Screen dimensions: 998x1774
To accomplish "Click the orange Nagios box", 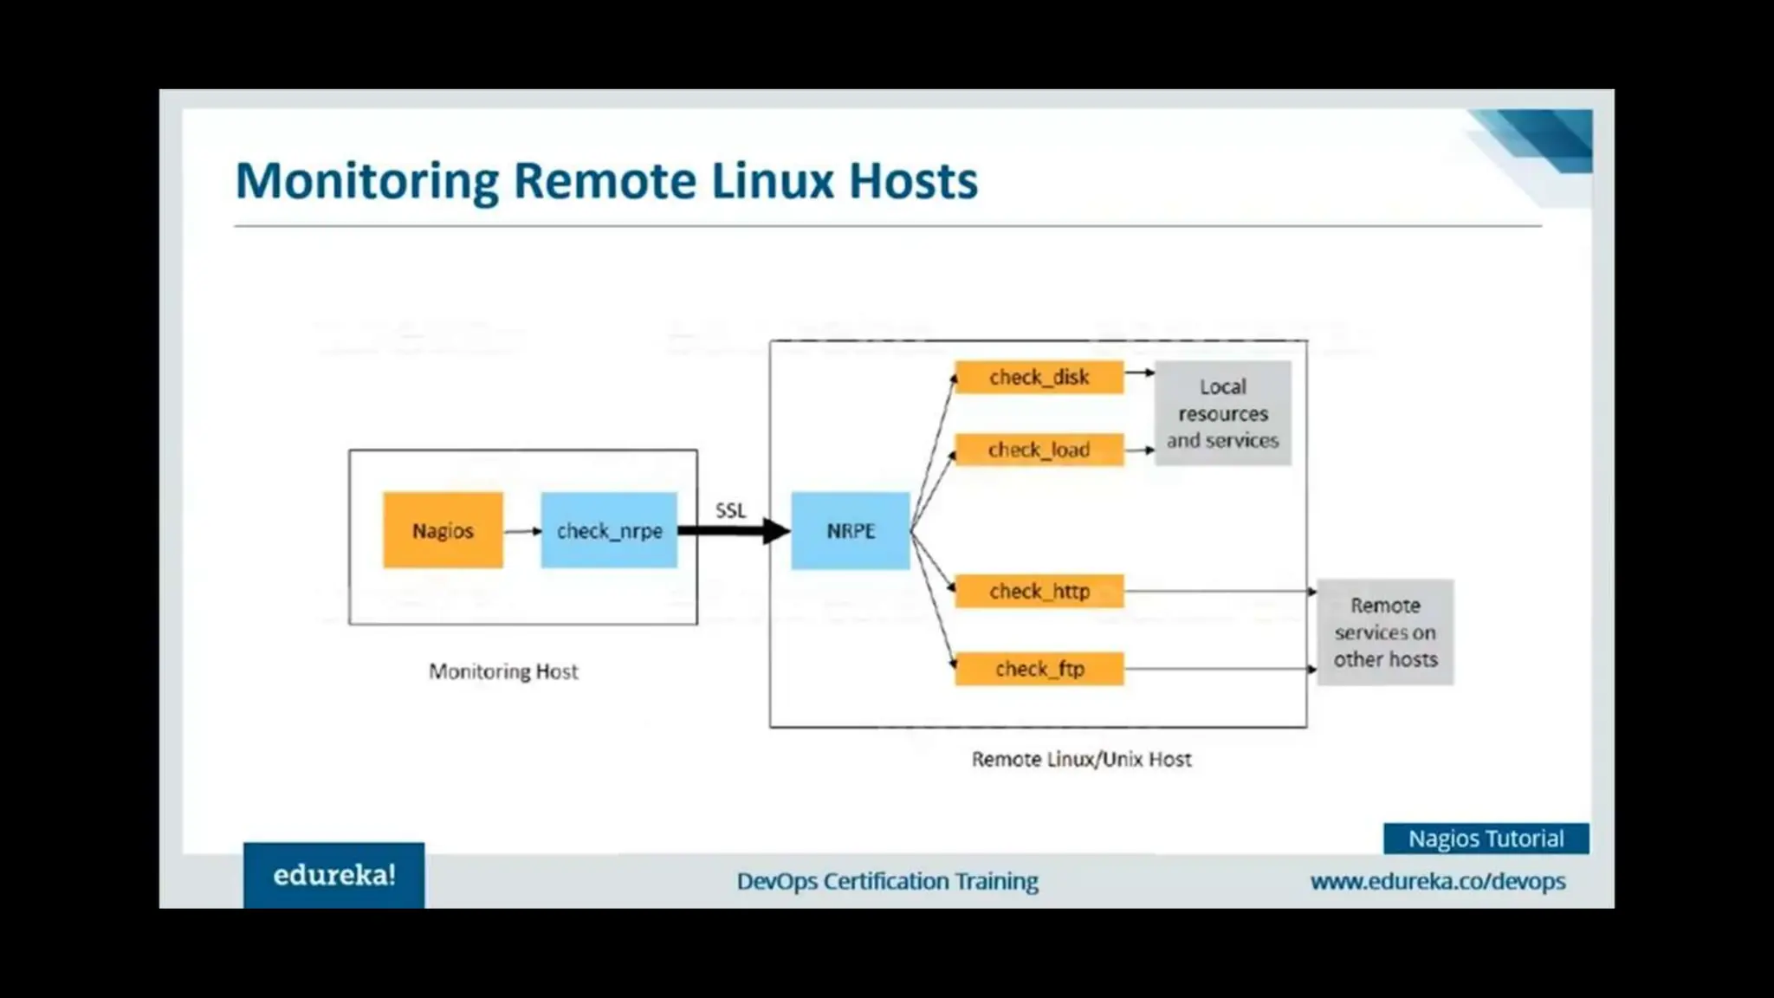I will coord(443,530).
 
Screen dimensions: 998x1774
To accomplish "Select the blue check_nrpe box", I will coord(609,530).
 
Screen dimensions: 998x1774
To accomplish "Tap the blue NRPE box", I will coord(851,530).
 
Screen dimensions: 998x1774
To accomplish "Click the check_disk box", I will coord(1039,378).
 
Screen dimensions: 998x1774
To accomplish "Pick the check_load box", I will coord(1039,450).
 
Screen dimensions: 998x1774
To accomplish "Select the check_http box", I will coord(1039,591).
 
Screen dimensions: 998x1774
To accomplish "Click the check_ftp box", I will coord(1039,669).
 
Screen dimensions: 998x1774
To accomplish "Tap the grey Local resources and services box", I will coord(1222,413).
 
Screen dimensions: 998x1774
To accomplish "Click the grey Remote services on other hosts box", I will coord(1385,632).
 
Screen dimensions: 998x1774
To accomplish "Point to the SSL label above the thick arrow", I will coord(730,510).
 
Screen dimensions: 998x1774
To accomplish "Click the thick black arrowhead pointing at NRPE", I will coord(776,530).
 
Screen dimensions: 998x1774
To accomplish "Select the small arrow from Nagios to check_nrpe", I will coord(521,530).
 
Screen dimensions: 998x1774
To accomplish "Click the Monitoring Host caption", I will coord(503,671).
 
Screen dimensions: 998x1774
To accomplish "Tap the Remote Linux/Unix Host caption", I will coord(1081,760).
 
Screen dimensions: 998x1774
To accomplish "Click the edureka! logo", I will coord(334,875).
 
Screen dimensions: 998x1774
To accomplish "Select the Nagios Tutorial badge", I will coord(1486,839).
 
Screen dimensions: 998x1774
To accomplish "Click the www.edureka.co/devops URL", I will coord(1438,881).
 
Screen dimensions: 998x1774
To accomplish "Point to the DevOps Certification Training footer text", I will coord(887,881).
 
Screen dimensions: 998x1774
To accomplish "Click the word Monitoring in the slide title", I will coord(367,181).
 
